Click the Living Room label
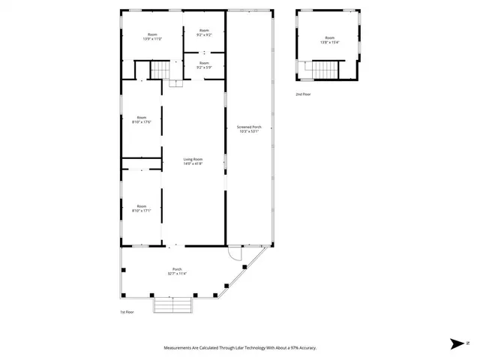(x=193, y=160)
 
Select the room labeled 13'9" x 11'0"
(x=152, y=37)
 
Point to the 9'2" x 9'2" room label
(x=204, y=34)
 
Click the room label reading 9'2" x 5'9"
(x=204, y=65)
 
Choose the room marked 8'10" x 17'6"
(x=142, y=120)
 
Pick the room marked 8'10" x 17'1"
(x=142, y=208)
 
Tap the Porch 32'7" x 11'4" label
(x=178, y=271)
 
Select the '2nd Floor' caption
(x=303, y=94)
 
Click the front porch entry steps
(x=173, y=305)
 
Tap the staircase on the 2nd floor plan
(x=325, y=70)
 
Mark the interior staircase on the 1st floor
(x=161, y=70)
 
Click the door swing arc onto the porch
(x=234, y=254)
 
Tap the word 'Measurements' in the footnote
(x=179, y=348)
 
